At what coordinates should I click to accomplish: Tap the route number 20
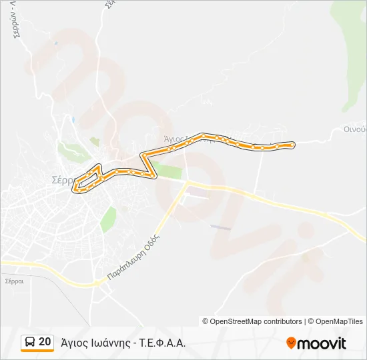(x=45, y=342)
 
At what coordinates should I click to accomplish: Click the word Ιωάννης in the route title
(x=106, y=343)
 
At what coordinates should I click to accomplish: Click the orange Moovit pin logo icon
(x=291, y=343)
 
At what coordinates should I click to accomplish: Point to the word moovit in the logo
(x=322, y=343)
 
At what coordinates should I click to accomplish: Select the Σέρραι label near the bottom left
(x=14, y=281)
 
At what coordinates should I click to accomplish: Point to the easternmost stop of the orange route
(x=291, y=143)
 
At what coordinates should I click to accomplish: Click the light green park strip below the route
(x=167, y=169)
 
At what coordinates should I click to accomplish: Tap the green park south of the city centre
(x=108, y=218)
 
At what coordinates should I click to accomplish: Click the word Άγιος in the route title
(x=73, y=343)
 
